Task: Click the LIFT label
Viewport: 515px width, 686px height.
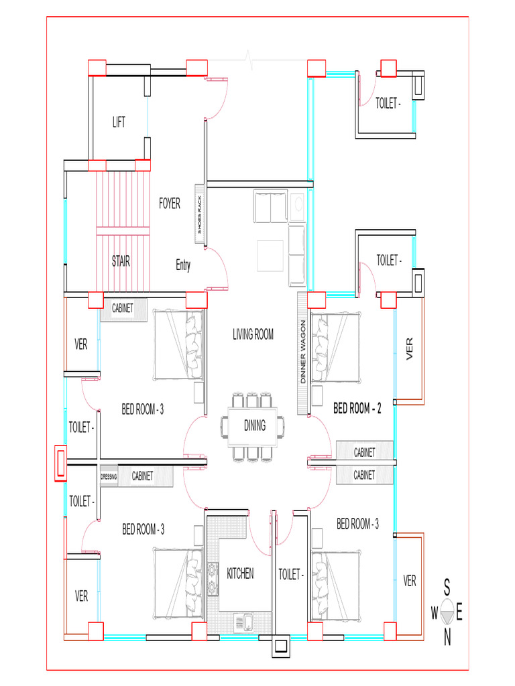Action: click(x=119, y=122)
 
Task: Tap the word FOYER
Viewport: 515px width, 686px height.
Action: click(x=170, y=204)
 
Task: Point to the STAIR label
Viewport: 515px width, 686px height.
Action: click(x=121, y=261)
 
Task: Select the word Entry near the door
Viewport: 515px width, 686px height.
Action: click(x=183, y=265)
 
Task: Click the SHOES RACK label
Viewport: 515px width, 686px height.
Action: click(x=200, y=214)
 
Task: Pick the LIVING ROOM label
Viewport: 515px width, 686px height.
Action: click(x=253, y=335)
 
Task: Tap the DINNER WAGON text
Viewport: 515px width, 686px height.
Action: click(x=303, y=352)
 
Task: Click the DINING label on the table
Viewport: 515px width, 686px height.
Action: click(x=255, y=425)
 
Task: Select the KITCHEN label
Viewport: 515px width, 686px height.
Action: click(x=240, y=573)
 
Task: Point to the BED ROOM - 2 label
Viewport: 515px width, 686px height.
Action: click(x=357, y=408)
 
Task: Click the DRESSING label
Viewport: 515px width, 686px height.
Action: click(x=109, y=477)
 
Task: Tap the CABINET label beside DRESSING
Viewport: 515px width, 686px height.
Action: click(x=142, y=476)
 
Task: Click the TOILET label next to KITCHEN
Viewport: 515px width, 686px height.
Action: click(x=291, y=574)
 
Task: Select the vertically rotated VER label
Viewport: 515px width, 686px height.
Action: click(x=410, y=348)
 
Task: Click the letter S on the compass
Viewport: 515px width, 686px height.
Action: click(x=447, y=588)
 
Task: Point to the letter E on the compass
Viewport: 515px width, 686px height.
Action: click(x=459, y=612)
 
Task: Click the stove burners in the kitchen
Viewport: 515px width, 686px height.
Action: click(x=213, y=578)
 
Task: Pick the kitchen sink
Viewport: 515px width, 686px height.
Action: click(x=243, y=622)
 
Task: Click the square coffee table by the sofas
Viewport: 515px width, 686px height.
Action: click(x=270, y=255)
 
